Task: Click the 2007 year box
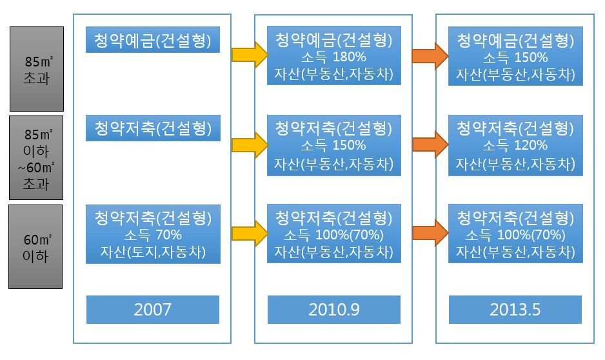pos(153,310)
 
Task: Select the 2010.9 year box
pos(334,310)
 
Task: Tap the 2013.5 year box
pos(515,310)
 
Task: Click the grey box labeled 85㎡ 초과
pos(36,69)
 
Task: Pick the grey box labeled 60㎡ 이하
pos(35,246)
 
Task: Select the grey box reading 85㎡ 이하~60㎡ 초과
pos(36,158)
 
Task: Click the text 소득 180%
pos(333,57)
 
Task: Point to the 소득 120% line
pos(515,145)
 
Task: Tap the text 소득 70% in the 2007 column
pos(153,234)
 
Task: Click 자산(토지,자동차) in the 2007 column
pos(153,251)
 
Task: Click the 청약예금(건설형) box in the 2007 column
pos(153,40)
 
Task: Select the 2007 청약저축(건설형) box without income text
pos(153,128)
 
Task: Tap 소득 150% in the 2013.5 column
pos(515,57)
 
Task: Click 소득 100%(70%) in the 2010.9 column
pos(333,234)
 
